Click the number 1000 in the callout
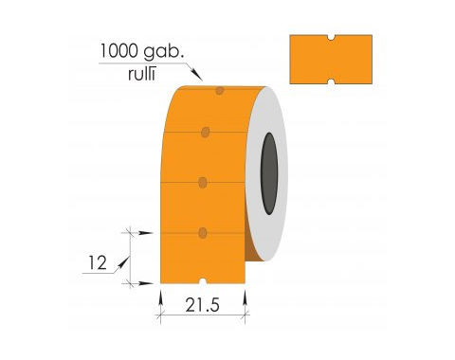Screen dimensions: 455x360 [119, 50]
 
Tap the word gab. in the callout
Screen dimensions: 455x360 [164, 52]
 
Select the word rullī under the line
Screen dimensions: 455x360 [141, 74]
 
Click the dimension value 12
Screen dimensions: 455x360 [98, 263]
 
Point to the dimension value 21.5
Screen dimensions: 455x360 [202, 305]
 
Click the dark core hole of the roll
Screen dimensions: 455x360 [269, 173]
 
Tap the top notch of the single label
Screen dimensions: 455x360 [331, 38]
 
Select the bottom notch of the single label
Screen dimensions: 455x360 [331, 81]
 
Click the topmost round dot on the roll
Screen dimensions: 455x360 [220, 91]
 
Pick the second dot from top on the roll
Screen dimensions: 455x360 [206, 132]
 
